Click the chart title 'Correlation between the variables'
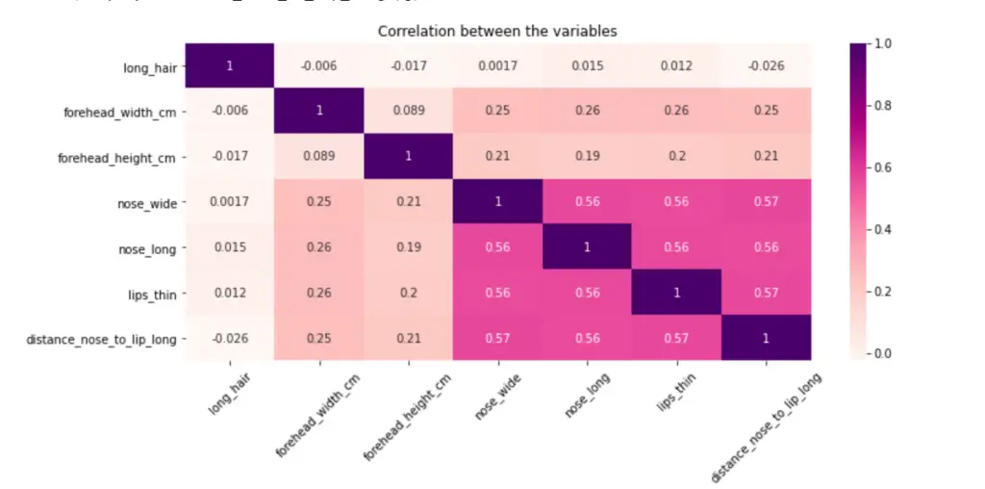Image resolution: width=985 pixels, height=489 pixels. (x=496, y=31)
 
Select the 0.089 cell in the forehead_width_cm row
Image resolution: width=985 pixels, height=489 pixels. (x=408, y=111)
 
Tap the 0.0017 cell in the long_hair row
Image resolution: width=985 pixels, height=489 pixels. (x=497, y=65)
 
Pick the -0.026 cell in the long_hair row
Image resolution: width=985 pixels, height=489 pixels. (x=766, y=65)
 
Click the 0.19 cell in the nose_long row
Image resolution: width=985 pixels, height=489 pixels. (x=408, y=246)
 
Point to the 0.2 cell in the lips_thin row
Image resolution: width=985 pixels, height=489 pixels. (x=408, y=293)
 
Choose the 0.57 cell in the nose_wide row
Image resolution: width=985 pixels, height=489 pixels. (x=766, y=201)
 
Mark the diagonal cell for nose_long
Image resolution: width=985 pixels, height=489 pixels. (x=587, y=246)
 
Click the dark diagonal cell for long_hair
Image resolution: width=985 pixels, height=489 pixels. (x=229, y=65)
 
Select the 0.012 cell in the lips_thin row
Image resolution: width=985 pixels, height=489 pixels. (x=229, y=293)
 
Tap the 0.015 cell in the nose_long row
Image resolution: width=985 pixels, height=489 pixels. (x=229, y=246)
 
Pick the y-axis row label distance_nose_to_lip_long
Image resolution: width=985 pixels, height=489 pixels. (x=102, y=339)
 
